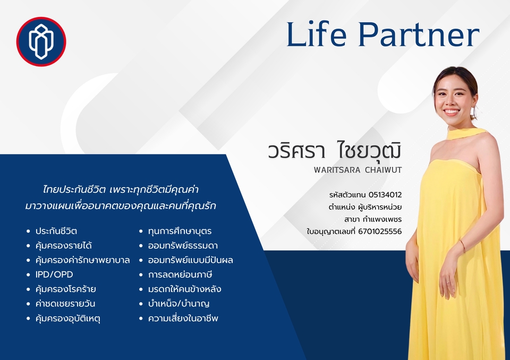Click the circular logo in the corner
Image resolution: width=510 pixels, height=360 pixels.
41,41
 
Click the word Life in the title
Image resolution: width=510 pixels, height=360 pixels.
316,35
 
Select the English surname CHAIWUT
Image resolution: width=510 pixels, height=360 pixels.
383,170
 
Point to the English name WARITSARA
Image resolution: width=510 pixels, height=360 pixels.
337,170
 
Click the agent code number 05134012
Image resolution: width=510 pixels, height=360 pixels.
385,195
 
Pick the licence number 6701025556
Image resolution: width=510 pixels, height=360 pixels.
380,232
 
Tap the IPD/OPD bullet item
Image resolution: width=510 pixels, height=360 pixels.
54,275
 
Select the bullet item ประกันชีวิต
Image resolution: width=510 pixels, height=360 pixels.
56,231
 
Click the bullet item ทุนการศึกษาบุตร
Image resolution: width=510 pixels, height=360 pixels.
180,231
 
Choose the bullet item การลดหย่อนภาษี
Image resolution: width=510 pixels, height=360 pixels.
180,275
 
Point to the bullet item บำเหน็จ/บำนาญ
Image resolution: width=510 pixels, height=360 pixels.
178,304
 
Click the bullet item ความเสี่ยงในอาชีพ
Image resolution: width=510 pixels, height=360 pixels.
183,318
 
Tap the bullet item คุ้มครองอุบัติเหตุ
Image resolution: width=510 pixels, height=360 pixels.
67,319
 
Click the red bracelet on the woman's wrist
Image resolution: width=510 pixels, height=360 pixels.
463,246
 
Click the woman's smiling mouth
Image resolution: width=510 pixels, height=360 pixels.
452,112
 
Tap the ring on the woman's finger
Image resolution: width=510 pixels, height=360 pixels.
448,282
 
